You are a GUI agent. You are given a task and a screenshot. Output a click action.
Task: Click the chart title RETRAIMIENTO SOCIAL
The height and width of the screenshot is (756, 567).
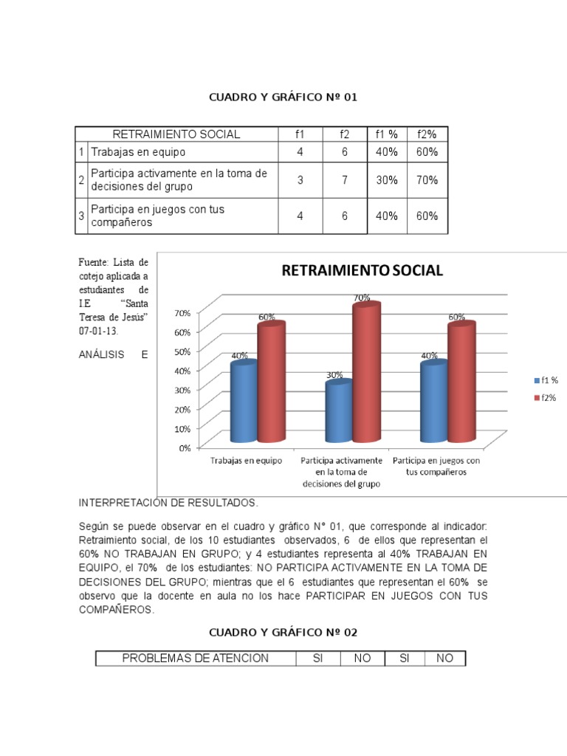[x=362, y=270]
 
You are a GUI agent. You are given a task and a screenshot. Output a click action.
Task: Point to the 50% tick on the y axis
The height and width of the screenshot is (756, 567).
[x=181, y=351]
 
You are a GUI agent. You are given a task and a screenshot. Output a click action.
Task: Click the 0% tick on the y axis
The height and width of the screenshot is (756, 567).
[x=184, y=447]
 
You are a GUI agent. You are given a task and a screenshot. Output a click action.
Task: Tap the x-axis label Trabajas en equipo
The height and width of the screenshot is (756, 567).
[x=246, y=461]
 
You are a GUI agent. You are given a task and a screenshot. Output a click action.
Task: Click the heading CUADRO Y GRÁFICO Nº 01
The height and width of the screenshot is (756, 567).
[x=283, y=97]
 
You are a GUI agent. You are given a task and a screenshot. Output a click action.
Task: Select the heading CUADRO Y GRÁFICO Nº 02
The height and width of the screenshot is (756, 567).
[x=283, y=633]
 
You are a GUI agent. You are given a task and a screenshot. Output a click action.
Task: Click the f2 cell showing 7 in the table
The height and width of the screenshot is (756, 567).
[x=344, y=180]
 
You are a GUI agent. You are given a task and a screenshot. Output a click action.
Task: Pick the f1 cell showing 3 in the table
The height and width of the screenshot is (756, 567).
[x=300, y=180]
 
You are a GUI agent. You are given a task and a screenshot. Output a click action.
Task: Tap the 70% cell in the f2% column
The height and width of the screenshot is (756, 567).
[x=427, y=180]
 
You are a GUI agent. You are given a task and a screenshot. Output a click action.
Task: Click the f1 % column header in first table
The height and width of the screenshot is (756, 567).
[x=387, y=134]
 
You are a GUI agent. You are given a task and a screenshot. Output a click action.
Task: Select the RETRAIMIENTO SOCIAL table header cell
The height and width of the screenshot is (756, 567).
[x=176, y=134]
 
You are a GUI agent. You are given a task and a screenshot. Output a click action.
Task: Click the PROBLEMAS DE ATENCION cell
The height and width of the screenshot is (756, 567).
[x=196, y=658]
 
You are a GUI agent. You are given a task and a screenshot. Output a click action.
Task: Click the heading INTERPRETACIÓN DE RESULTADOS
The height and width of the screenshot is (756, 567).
[x=169, y=503]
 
